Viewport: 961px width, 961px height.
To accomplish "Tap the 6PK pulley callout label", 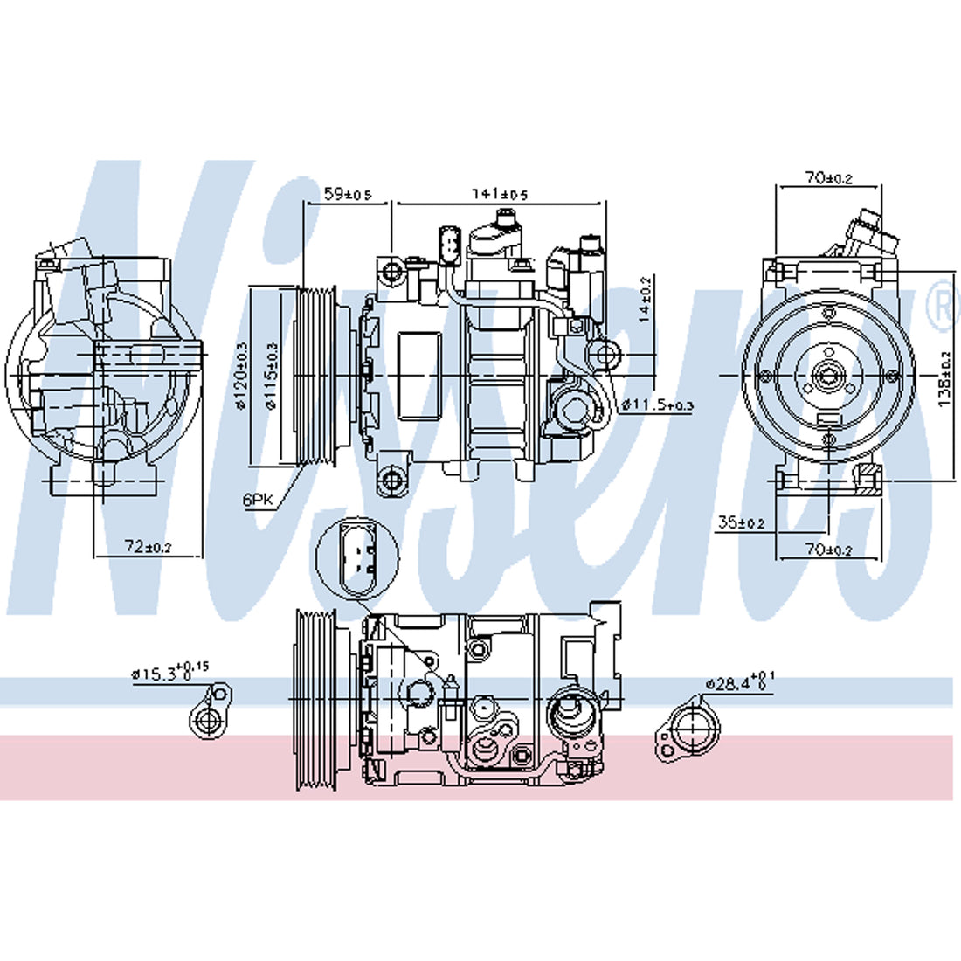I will coord(258,499).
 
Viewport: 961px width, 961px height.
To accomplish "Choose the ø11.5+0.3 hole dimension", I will coord(657,404).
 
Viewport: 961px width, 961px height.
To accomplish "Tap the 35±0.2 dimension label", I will coord(741,523).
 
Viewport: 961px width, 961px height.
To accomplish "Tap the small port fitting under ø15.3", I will coord(210,716).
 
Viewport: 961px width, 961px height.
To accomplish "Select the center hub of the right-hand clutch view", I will coord(826,377).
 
